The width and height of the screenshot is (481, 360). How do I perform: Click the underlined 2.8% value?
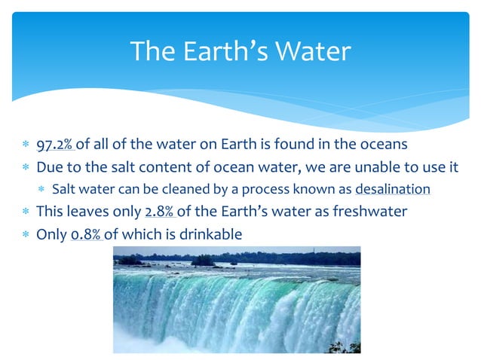pyautogui.click(x=161, y=212)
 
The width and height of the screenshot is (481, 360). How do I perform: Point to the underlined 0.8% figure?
pyautogui.click(x=87, y=234)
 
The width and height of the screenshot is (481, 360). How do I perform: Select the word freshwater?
pyautogui.click(x=372, y=212)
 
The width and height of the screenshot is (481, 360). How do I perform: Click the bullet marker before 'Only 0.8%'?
pyautogui.click(x=26, y=235)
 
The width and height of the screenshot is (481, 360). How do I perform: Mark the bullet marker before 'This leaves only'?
pyautogui.click(x=26, y=212)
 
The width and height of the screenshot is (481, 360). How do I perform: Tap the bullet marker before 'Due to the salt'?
pyautogui.click(x=26, y=167)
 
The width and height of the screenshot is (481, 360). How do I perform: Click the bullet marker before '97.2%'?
pyautogui.click(x=26, y=145)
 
